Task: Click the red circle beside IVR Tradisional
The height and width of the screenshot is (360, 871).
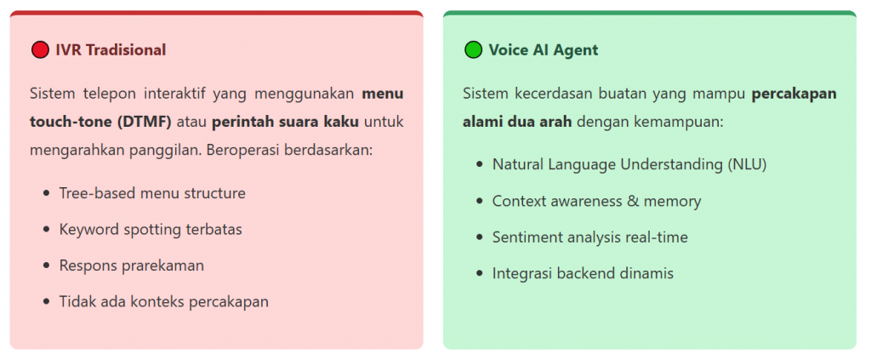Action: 40,50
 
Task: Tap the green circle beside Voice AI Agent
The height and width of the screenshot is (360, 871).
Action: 473,50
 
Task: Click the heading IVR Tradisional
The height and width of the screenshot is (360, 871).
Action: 111,50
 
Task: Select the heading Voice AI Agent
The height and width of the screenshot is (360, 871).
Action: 544,50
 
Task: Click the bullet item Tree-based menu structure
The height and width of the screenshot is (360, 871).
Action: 152,193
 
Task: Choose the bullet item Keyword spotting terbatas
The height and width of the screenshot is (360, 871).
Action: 151,230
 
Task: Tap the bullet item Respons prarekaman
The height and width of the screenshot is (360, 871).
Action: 132,266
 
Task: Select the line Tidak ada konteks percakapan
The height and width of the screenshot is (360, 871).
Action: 164,301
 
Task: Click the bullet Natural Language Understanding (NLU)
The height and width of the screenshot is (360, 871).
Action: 629,165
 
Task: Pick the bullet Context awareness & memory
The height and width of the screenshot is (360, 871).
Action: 596,201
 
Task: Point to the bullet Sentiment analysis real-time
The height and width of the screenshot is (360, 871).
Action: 590,237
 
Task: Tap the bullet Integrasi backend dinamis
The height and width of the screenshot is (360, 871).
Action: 583,273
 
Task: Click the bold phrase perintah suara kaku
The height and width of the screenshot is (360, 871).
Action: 285,122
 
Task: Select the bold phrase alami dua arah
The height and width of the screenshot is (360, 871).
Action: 517,122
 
